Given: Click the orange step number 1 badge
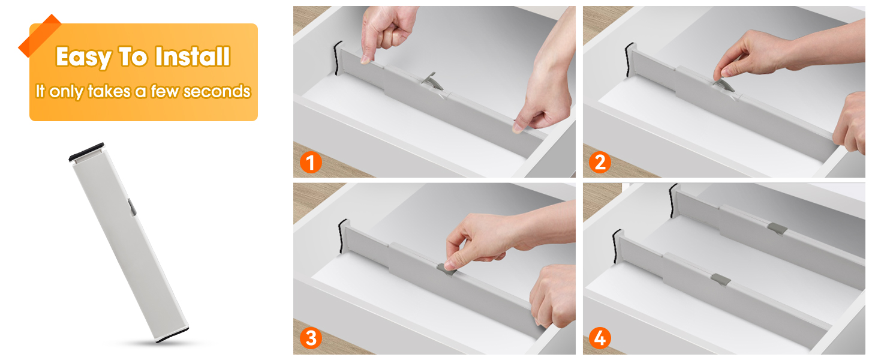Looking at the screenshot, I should pos(310,162).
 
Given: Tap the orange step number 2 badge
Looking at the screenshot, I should pos(600,162).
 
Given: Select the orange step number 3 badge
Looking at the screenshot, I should pos(310,338).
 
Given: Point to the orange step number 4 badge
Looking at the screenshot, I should pos(600,338).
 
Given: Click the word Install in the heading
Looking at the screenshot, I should pos(192,57).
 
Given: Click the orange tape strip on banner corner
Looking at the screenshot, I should pos(40,35).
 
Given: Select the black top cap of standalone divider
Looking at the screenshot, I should pos(86,152).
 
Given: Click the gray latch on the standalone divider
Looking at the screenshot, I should pos(131,207).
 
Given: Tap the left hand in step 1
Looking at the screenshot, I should pos(388,33).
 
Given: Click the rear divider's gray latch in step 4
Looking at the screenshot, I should pos(777,228).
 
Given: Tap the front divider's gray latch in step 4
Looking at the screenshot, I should pos(720,279).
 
